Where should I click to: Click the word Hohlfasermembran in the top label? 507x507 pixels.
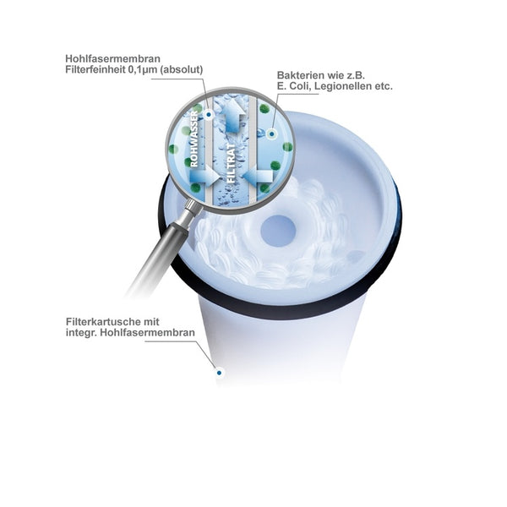(x=112, y=58)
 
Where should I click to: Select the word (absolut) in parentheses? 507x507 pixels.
(x=181, y=69)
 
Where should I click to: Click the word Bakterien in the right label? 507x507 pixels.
(x=299, y=75)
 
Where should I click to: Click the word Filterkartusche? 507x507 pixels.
(x=101, y=322)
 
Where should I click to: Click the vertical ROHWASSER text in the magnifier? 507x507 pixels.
(x=194, y=139)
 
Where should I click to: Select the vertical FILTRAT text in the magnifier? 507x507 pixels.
(x=232, y=164)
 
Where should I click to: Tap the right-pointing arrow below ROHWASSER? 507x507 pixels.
(x=204, y=176)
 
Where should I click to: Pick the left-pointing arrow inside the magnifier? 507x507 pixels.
(x=258, y=176)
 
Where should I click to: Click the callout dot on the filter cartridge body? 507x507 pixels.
(x=219, y=373)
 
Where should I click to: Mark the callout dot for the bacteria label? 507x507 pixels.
(x=271, y=134)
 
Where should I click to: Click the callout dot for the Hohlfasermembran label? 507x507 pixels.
(x=209, y=114)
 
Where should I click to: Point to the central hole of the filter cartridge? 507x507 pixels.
(x=278, y=231)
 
